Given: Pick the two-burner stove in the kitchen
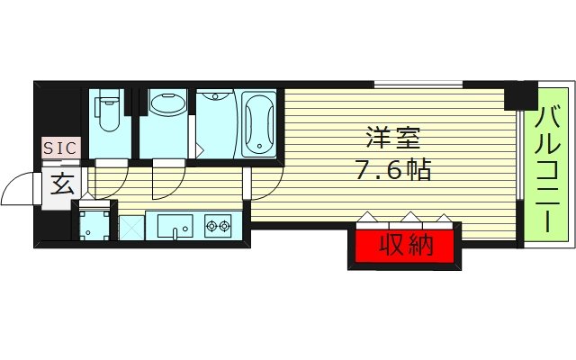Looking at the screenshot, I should pyautogui.click(x=218, y=226).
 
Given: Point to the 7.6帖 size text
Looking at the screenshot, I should pyautogui.click(x=394, y=168).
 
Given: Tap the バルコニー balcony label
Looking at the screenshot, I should pyautogui.click(x=550, y=166).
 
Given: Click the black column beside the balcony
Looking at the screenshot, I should pyautogui.click(x=519, y=95).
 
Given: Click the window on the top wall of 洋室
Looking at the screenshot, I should pyautogui.click(x=418, y=85).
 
